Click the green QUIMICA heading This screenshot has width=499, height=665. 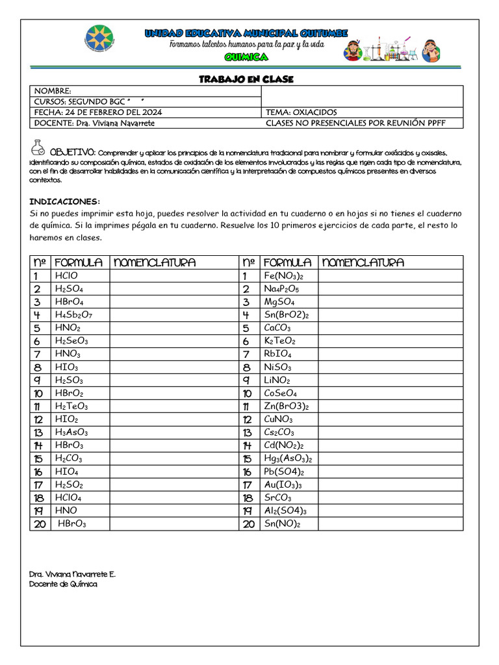click(x=246, y=58)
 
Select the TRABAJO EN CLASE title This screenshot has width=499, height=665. click(x=246, y=79)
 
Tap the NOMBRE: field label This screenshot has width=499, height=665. click(x=53, y=92)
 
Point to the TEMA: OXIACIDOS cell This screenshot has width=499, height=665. click(x=301, y=112)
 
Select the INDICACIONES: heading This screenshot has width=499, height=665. click(x=65, y=201)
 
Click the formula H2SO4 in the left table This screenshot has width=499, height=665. click(x=69, y=289)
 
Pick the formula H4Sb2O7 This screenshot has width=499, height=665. click(x=73, y=315)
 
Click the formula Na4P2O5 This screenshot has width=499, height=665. click(x=281, y=289)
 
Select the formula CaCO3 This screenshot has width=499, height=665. click(x=277, y=328)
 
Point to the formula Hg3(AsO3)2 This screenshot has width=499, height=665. click(x=288, y=458)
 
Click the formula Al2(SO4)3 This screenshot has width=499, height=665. click(x=285, y=510)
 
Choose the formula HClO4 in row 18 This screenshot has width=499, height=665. click(x=68, y=497)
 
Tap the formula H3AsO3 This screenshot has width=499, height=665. click(x=71, y=433)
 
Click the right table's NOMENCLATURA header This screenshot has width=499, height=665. click(x=363, y=262)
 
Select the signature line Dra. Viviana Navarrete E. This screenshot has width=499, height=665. click(x=72, y=575)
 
